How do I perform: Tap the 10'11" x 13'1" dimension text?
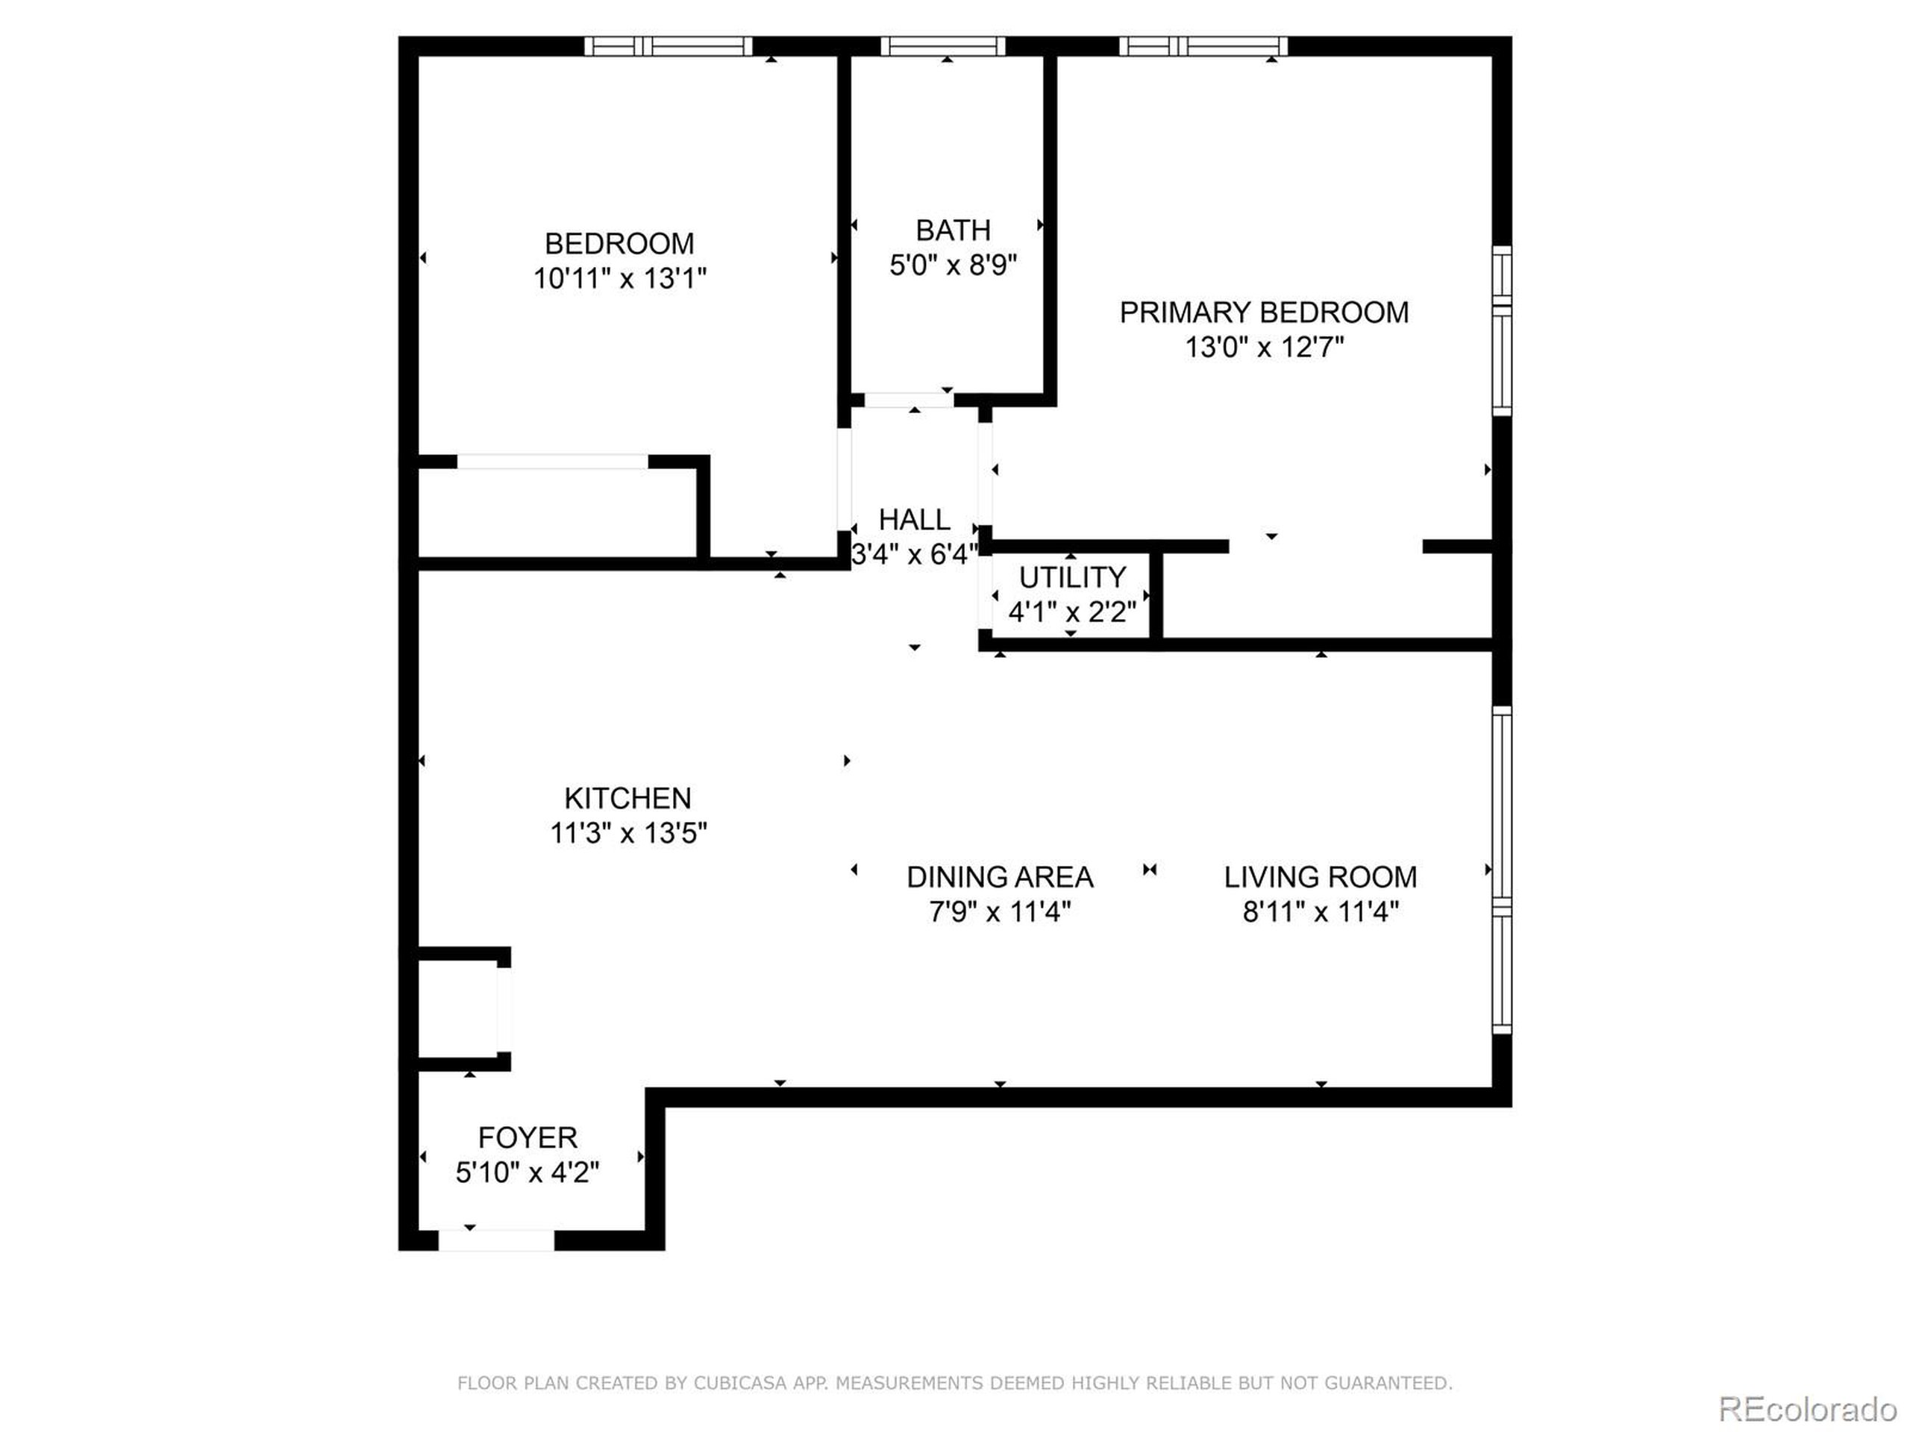point(619,279)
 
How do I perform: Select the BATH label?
point(953,230)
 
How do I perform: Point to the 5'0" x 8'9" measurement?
point(953,265)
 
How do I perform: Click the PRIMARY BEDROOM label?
point(1263,313)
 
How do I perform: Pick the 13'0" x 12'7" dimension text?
point(1264,348)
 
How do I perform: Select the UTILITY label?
point(1071,577)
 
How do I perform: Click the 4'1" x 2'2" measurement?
point(1071,612)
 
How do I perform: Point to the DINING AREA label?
point(1000,877)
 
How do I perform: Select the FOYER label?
point(527,1137)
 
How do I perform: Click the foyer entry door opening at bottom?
point(496,1241)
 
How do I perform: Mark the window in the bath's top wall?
point(943,46)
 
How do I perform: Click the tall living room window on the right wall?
point(1503,870)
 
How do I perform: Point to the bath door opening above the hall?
point(909,401)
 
